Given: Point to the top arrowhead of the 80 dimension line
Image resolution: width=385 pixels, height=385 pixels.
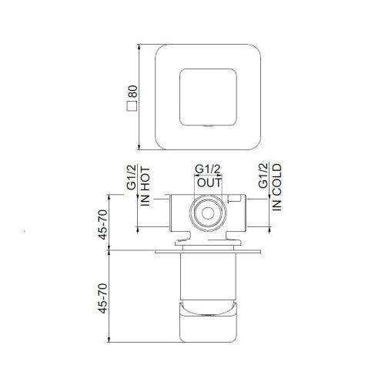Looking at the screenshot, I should tap(139, 45).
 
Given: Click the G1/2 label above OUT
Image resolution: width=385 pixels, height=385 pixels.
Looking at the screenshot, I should tap(208, 169).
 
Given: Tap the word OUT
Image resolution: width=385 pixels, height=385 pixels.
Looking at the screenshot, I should tap(209, 182).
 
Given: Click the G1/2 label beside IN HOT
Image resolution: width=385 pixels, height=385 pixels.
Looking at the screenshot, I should tap(130, 176).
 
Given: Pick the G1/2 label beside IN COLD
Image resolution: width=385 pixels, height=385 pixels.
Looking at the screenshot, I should tap(263, 176).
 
